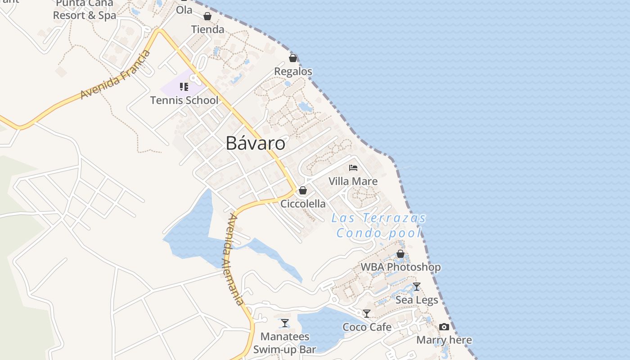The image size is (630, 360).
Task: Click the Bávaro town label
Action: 255,144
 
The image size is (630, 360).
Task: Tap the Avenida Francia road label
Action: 115,75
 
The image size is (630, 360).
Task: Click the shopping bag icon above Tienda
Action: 207,17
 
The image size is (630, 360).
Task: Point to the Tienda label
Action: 207,30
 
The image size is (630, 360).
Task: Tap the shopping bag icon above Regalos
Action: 293,58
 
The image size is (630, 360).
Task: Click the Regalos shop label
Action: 293,72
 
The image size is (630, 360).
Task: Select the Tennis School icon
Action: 184,86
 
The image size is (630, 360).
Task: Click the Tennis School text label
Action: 184,100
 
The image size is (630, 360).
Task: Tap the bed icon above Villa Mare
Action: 353,168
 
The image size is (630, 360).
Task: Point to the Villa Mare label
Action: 353,181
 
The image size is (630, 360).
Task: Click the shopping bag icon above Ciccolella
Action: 303,190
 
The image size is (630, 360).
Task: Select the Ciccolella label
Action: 303,204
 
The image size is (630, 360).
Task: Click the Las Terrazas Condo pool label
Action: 379,225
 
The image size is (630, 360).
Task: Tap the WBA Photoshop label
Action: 400,267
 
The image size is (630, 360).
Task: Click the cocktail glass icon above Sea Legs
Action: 417,287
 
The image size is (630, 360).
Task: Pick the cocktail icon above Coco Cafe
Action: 367,314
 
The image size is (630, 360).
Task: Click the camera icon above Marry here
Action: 444,327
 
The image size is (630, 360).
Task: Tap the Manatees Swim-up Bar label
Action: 285,343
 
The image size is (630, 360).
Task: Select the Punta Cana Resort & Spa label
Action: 85,9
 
